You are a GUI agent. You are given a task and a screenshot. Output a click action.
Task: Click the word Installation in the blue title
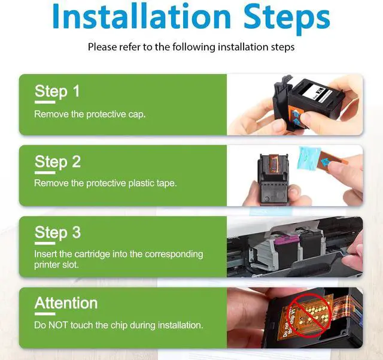(x=142, y=17)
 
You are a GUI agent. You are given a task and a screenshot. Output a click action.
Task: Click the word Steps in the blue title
(x=287, y=19)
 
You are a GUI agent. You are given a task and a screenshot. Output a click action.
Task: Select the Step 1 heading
(x=57, y=92)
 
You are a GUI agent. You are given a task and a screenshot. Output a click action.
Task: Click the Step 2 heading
(x=57, y=162)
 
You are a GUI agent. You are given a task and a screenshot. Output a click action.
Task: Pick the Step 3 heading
(x=57, y=232)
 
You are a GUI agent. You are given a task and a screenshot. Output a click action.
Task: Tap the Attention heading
(x=66, y=303)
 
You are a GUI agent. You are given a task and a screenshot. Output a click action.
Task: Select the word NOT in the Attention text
(x=58, y=325)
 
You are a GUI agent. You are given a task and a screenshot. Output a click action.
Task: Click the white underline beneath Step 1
(x=45, y=102)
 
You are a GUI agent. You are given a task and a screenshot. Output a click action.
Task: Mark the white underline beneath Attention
(x=45, y=314)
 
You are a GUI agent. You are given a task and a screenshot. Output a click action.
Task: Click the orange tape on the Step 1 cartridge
(x=295, y=116)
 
